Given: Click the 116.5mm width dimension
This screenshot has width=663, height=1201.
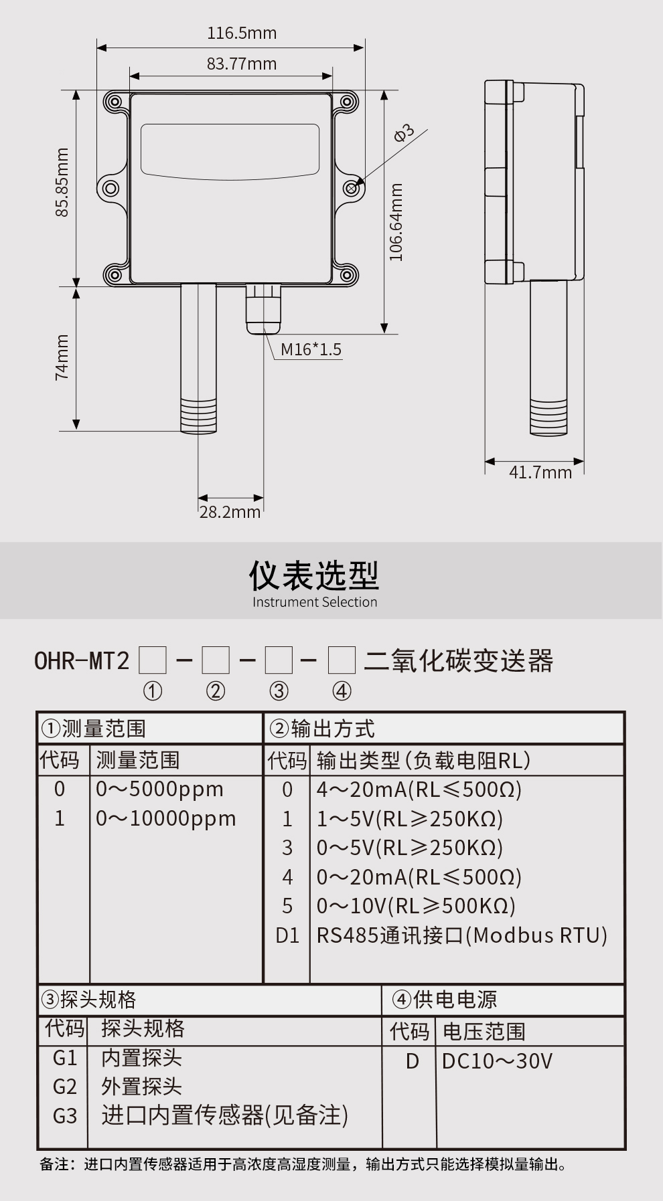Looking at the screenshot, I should tap(241, 33).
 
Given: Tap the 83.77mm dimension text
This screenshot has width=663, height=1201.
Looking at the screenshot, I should tap(241, 64).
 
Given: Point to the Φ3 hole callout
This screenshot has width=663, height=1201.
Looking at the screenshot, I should tap(404, 133).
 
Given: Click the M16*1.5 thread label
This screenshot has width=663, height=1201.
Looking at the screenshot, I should tap(311, 349).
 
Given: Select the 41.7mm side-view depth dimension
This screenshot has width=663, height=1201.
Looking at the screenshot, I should tap(540, 472).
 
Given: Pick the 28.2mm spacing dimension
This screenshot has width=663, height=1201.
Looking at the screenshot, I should tap(230, 512).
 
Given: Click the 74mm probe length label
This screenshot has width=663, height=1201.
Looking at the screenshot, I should tap(62, 357).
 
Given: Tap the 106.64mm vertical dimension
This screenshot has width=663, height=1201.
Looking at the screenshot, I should tap(396, 222).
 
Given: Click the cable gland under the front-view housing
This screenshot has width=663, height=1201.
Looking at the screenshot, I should tap(264, 308).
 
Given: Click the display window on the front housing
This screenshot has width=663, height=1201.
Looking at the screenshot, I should tap(230, 151).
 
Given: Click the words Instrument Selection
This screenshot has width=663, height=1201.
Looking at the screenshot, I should tap(315, 602).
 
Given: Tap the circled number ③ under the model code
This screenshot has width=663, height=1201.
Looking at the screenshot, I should tap(279, 691).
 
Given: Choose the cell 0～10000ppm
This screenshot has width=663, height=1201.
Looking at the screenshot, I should tap(165, 818).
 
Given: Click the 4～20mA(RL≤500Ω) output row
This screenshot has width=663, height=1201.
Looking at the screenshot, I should tap(419, 790).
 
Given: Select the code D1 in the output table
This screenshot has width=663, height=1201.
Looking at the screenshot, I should tap(287, 935).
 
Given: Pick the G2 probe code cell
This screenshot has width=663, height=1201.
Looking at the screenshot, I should tap(65, 1087).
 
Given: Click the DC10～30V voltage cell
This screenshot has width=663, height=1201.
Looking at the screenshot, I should tap(497, 1061).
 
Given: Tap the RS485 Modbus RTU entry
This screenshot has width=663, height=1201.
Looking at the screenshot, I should tap(461, 935).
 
